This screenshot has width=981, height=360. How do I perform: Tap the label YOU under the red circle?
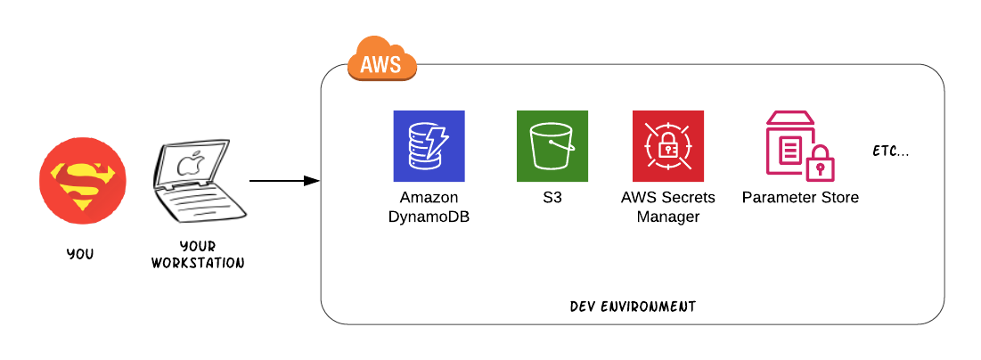[80, 254]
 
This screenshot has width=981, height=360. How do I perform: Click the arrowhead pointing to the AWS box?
[312, 181]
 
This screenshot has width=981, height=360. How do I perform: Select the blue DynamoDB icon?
[429, 146]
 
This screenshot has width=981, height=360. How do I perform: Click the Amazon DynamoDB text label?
[429, 206]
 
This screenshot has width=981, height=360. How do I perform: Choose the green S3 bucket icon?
[552, 146]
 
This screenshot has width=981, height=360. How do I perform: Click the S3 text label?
[552, 197]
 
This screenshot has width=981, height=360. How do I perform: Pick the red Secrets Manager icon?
[668, 146]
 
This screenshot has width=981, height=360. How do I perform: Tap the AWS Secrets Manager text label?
[668, 206]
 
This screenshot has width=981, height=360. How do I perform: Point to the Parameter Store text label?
[800, 197]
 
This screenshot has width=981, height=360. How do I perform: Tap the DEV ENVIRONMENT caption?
[633, 307]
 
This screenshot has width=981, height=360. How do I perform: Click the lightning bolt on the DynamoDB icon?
[438, 140]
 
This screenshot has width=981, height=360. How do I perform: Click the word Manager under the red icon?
[668, 216]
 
